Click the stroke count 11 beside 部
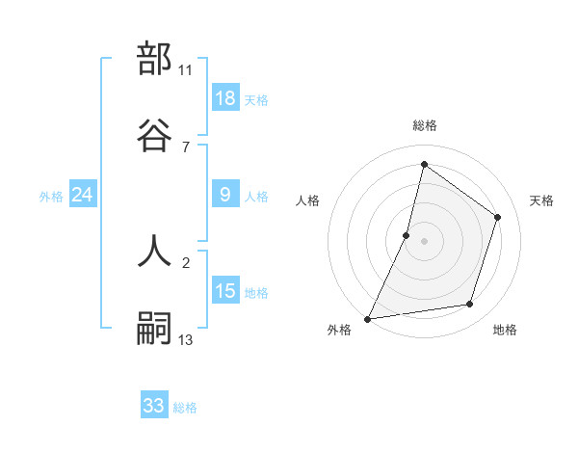(186, 70)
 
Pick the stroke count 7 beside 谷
(185, 147)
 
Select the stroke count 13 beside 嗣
(186, 340)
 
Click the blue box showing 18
(225, 98)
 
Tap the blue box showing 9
(225, 195)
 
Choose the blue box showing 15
(225, 291)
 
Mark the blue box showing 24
(83, 195)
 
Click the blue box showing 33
(154, 406)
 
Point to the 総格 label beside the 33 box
(185, 408)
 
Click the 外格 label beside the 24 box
(51, 197)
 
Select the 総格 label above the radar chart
(425, 126)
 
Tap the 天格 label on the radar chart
(541, 200)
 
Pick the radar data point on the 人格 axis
(407, 235)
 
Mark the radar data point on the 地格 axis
(470, 305)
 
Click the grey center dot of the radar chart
(425, 241)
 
